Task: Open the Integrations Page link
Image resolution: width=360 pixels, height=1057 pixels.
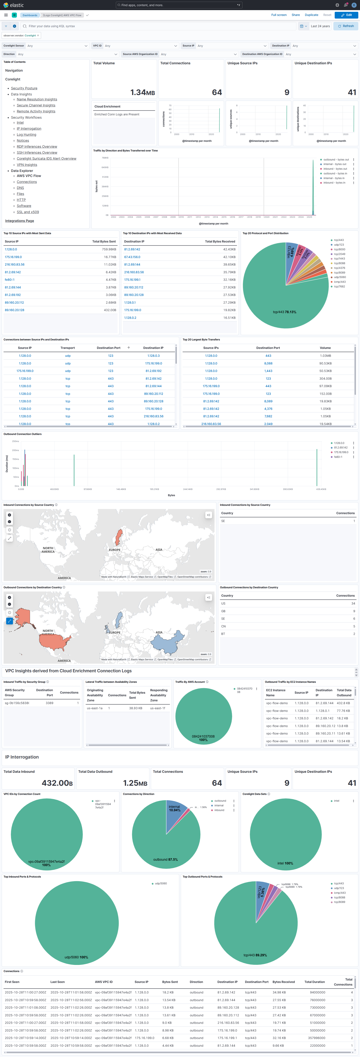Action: point(19,221)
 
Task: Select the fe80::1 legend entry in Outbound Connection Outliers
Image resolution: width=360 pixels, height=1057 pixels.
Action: point(338,457)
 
